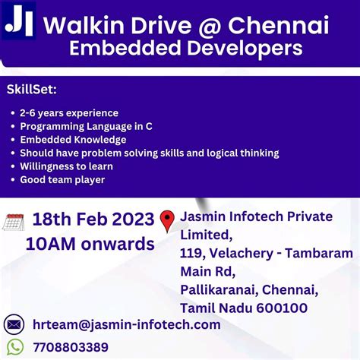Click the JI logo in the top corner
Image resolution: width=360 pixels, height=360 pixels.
[x=19, y=21]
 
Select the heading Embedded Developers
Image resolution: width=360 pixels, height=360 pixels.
[x=185, y=49]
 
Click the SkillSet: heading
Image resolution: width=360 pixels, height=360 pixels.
[x=31, y=90]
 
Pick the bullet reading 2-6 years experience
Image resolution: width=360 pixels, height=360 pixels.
[x=69, y=113]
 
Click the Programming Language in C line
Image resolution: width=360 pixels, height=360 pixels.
[x=83, y=126]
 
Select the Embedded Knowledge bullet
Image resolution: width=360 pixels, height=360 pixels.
[x=73, y=140]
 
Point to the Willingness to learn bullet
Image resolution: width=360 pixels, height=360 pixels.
[x=67, y=166]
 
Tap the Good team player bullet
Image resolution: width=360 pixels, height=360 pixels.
[x=62, y=180]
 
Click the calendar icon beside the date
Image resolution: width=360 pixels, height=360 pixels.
[x=14, y=222]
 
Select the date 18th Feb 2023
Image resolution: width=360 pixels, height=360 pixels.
[x=93, y=220]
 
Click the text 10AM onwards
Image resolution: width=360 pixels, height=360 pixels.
[x=90, y=244]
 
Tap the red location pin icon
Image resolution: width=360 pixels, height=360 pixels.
[x=168, y=221]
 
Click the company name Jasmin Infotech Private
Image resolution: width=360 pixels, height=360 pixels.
[x=256, y=216]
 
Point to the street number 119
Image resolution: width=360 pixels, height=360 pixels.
[x=191, y=253]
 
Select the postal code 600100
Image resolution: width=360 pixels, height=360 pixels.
[x=280, y=308]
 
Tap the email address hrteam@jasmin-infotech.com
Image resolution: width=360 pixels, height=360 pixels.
[x=126, y=325]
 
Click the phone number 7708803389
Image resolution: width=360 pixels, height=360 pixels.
[x=71, y=347]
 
